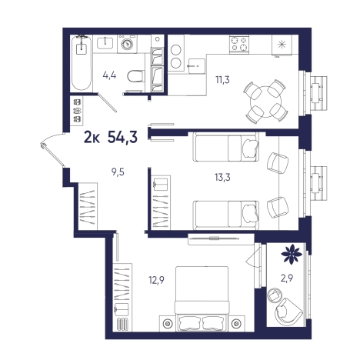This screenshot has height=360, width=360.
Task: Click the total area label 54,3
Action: tap(122, 137)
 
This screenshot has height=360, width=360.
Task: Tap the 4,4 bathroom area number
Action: tap(109, 75)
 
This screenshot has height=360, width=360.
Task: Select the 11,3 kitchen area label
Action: tap(222, 80)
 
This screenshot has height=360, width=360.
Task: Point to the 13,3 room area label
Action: tap(222, 177)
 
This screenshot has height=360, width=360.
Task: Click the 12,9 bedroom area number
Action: tap(156, 280)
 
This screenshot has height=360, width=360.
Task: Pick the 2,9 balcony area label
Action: tap(287, 278)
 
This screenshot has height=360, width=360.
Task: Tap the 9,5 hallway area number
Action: tap(118, 172)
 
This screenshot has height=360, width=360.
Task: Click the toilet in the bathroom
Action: tap(135, 76)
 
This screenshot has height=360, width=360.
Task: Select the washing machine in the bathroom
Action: tap(127, 44)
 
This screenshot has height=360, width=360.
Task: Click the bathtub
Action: tap(82, 63)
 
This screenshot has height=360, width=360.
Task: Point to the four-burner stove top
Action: tap(239, 44)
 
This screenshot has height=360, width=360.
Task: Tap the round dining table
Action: tap(265, 102)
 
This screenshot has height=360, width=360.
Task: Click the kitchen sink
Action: tap(197, 66)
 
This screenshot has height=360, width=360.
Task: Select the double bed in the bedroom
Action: tap(202, 298)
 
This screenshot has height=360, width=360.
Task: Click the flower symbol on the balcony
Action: tap(292, 254)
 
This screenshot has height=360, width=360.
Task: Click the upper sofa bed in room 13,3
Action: tap(225, 147)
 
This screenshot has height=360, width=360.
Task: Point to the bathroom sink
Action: tap(105, 42)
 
